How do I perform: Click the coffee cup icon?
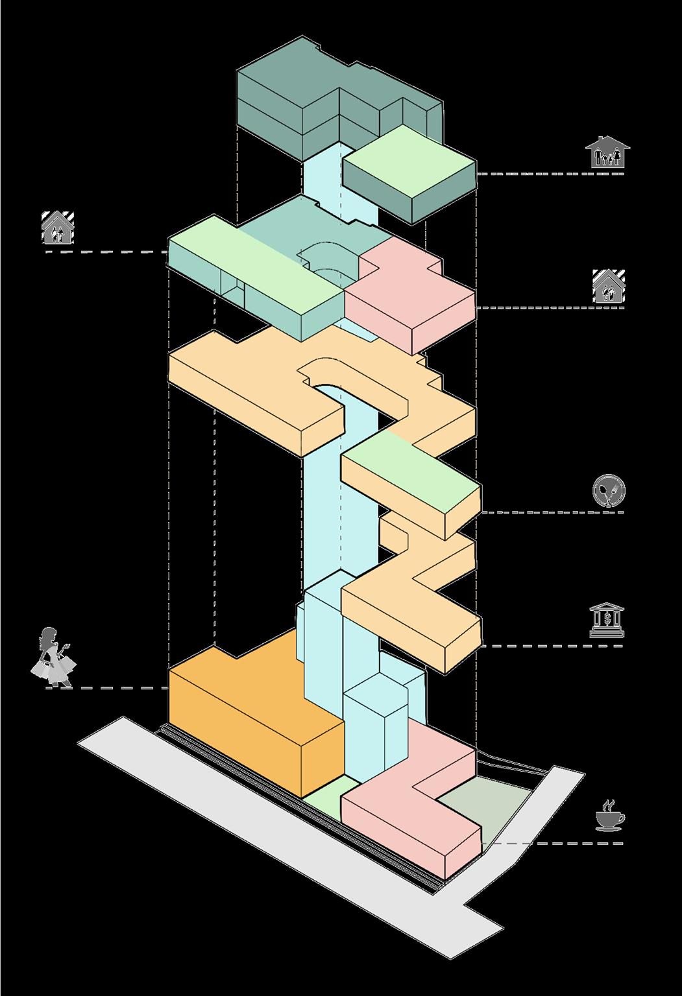pyautogui.click(x=609, y=820)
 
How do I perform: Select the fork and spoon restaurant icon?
pyautogui.click(x=609, y=491)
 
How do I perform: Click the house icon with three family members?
pyautogui.click(x=607, y=154)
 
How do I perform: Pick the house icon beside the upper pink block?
pyautogui.click(x=608, y=287)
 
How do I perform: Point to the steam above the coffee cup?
pyautogui.click(x=608, y=805)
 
